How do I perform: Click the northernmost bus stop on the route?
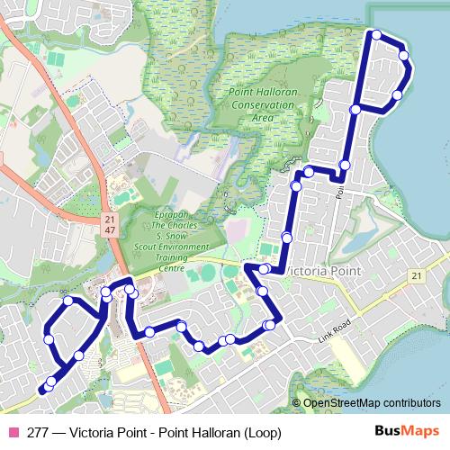pyautogui.click(x=376, y=35)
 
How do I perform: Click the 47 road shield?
pyautogui.click(x=109, y=231)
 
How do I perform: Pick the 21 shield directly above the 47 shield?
pyautogui.click(x=109, y=220)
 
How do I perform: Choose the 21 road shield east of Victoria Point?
pyautogui.click(x=415, y=274)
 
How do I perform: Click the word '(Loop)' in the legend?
pyautogui.click(x=261, y=432)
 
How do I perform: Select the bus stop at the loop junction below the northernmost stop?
pyautogui.click(x=355, y=110)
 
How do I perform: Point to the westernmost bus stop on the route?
pyautogui.click(x=43, y=390)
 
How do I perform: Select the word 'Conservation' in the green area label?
pyautogui.click(x=261, y=106)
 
